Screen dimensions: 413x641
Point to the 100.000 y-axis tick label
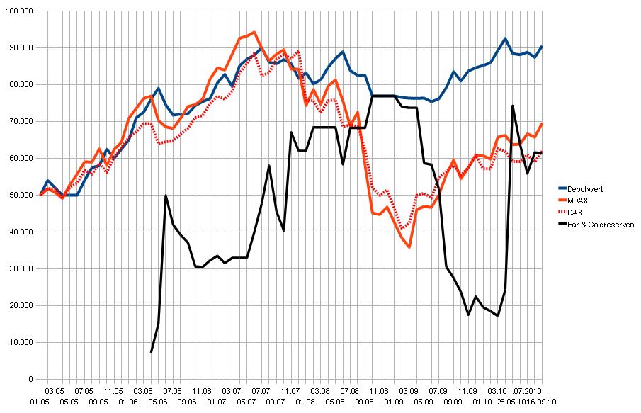coord(19,11)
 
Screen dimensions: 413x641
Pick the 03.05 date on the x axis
coord(55,390)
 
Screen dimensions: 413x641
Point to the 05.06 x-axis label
coord(158,401)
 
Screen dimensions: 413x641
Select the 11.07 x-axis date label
coord(290,390)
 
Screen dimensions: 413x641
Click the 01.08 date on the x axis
coord(305,401)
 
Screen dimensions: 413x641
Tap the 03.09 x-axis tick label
coord(408,390)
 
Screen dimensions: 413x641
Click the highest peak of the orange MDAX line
coord(254,32)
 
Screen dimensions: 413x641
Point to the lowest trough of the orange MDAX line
coord(409,247)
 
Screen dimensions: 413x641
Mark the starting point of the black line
coord(151,352)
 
